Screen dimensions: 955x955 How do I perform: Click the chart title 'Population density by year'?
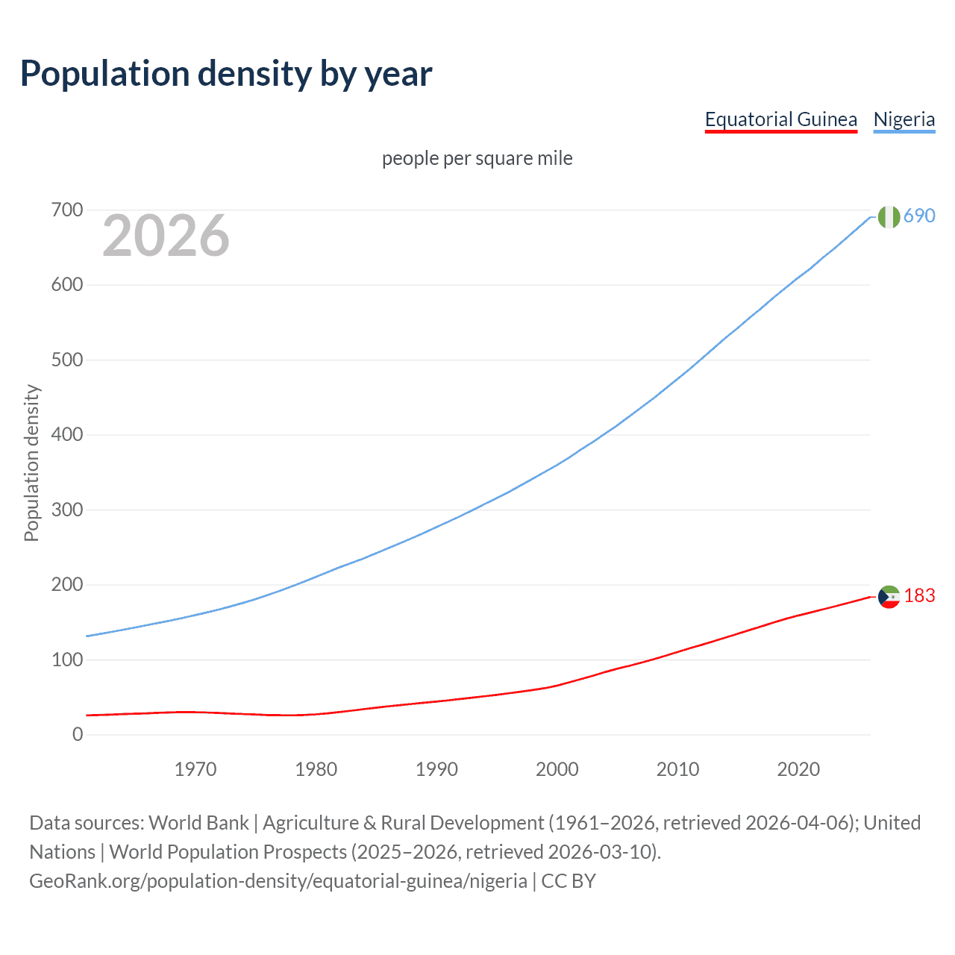(x=226, y=73)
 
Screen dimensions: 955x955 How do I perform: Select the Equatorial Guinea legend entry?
(x=780, y=119)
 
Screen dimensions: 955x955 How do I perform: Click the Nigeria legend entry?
(x=904, y=119)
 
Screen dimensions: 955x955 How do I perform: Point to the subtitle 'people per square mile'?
(x=477, y=158)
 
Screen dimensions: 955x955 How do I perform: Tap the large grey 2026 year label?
(x=166, y=236)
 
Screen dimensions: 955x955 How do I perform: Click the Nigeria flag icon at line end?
(x=888, y=216)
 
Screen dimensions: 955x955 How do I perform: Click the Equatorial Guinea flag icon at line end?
(x=888, y=596)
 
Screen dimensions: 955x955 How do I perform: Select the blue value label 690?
(x=919, y=216)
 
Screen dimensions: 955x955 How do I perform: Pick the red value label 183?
(x=919, y=595)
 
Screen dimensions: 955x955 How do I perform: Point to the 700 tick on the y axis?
(x=67, y=210)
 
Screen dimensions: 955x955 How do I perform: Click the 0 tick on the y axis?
(x=78, y=734)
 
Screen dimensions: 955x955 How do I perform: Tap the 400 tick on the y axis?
(x=67, y=434)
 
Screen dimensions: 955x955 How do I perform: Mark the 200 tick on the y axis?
(x=67, y=584)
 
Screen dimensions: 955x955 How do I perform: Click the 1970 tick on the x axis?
(x=195, y=769)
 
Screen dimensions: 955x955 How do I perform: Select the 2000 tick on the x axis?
(x=557, y=769)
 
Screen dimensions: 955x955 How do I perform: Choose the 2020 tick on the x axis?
(x=798, y=769)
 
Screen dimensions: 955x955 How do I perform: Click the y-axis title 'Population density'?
(x=31, y=463)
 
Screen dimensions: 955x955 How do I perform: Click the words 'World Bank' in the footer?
(x=198, y=822)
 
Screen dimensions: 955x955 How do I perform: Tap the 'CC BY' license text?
(x=569, y=880)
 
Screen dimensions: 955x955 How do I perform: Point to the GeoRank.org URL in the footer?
(x=278, y=880)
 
